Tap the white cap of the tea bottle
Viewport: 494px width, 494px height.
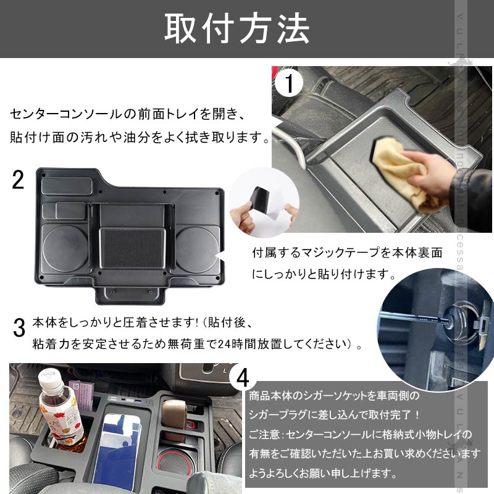click(51, 381)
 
